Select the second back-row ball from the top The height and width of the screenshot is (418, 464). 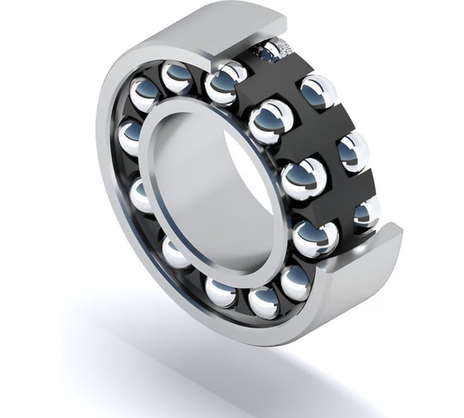coord(317,90)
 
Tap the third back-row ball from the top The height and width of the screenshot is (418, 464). coord(354,152)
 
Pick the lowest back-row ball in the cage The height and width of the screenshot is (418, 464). coord(365,213)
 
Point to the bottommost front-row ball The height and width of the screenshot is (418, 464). coord(264,302)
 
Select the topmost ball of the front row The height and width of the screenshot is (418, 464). coord(177,77)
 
